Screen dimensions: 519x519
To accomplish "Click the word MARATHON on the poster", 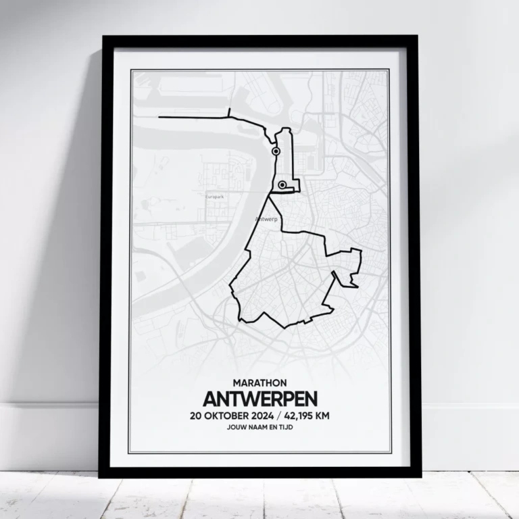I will point(259,383).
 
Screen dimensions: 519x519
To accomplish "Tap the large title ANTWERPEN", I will point(259,399).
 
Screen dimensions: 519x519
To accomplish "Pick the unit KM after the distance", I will point(324,416).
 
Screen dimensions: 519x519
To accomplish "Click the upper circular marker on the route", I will point(276,152).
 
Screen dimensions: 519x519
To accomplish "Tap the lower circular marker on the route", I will point(282,184).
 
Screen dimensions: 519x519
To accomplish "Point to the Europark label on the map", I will point(214,197).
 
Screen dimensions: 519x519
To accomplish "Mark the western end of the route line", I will point(159,118).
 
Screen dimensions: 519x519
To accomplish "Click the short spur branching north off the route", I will point(230,113).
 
